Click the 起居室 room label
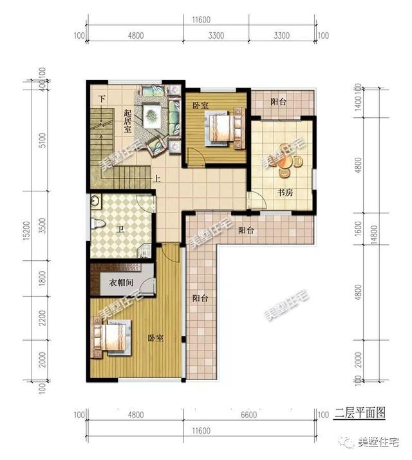pos(127,120)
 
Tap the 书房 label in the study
pos(286,191)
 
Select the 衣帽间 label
pos(122,281)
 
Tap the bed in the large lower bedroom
pos(111,338)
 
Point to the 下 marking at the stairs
pos(102,99)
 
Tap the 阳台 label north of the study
pos(278,101)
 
